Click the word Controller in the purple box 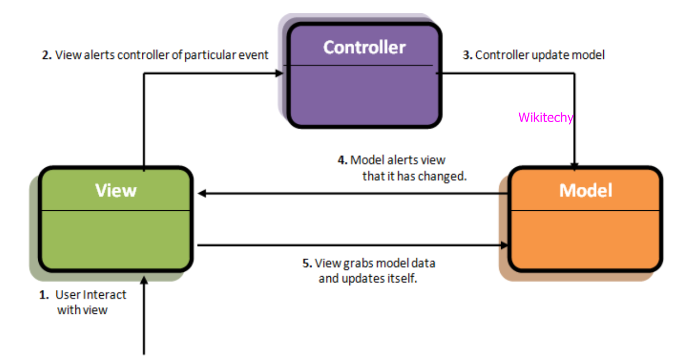[x=364, y=47]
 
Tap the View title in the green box [x=116, y=190]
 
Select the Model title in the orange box [x=586, y=190]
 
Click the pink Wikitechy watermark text [x=545, y=117]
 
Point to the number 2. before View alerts [x=47, y=55]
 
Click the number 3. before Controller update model [x=467, y=55]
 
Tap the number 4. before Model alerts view [x=342, y=160]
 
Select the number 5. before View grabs [x=306, y=263]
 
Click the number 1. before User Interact [x=44, y=295]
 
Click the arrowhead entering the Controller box [x=279, y=73]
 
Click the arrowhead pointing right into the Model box [x=503, y=245]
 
